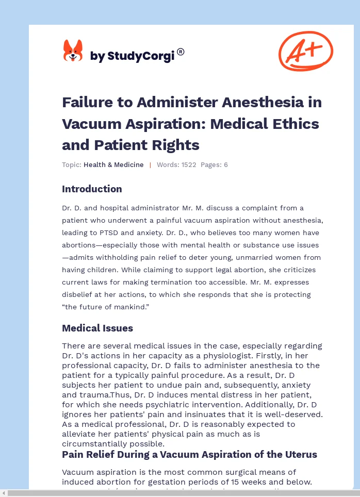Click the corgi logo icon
click(73, 51)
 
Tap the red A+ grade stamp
click(306, 51)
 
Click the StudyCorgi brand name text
click(132, 56)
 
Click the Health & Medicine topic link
click(113, 165)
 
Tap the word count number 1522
click(187, 165)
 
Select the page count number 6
click(225, 165)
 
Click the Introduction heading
click(92, 189)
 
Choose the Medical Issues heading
click(97, 328)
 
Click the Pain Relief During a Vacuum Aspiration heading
click(189, 455)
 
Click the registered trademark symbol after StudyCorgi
click(181, 52)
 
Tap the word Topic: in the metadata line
click(71, 165)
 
